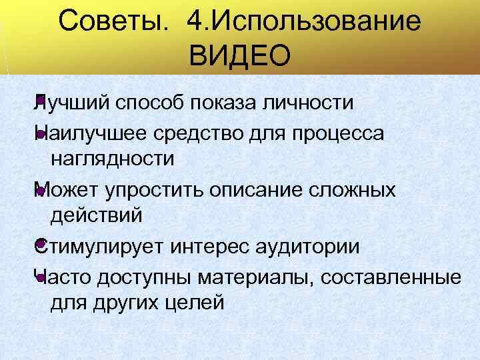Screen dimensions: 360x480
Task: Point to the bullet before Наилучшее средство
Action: point(41,135)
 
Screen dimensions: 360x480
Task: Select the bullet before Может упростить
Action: point(41,191)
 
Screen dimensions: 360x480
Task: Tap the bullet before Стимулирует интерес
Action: point(41,246)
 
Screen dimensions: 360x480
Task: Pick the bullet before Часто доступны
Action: point(41,277)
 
